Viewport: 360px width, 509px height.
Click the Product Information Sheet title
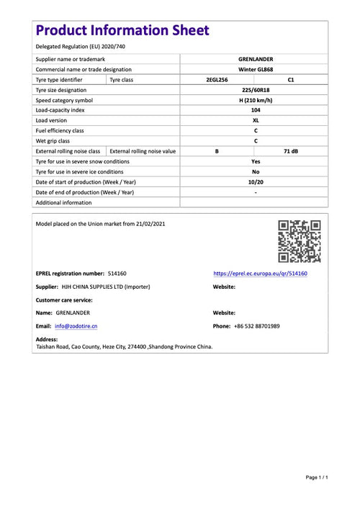(122, 30)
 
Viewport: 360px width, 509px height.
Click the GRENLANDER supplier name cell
(255, 59)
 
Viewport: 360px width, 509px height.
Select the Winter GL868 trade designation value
(255, 69)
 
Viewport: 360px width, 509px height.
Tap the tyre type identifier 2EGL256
(217, 80)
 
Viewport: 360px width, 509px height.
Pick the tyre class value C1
(290, 80)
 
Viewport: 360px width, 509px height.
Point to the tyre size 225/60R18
(255, 90)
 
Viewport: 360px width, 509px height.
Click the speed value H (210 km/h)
(255, 100)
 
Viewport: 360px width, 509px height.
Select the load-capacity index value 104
(255, 110)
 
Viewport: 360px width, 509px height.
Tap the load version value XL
(255, 120)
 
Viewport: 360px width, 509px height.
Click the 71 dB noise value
(290, 151)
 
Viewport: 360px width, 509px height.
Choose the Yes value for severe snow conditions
(255, 162)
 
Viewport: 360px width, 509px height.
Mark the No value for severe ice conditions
(255, 172)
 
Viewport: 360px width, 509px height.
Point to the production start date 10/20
(255, 182)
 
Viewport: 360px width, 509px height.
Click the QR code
(300, 242)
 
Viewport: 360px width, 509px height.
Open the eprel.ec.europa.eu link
(261, 274)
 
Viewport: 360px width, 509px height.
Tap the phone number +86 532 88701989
(256, 326)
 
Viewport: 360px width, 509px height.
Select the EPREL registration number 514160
(117, 274)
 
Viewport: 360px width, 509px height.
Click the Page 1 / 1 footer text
(317, 477)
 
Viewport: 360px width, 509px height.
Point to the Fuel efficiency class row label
(60, 131)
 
